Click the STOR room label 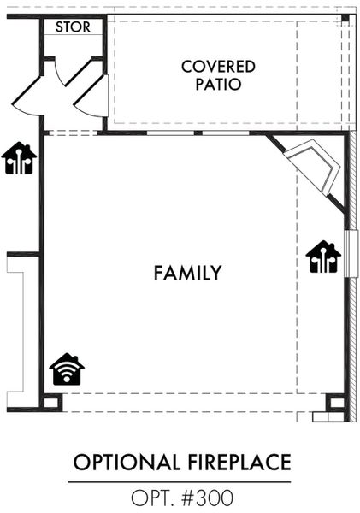(73, 27)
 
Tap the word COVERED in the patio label (218, 67)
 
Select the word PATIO (218, 84)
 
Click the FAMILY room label (188, 274)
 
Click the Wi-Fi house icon (67, 369)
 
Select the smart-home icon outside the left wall (19, 158)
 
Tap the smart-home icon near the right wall (323, 256)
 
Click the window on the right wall (351, 254)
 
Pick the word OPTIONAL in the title (127, 463)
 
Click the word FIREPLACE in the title (239, 463)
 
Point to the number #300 (207, 498)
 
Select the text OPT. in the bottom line (153, 498)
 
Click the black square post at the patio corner (345, 18)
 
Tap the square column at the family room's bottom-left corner (50, 402)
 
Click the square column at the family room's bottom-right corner (336, 403)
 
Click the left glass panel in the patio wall (170, 133)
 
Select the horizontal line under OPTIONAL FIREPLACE (180, 482)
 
